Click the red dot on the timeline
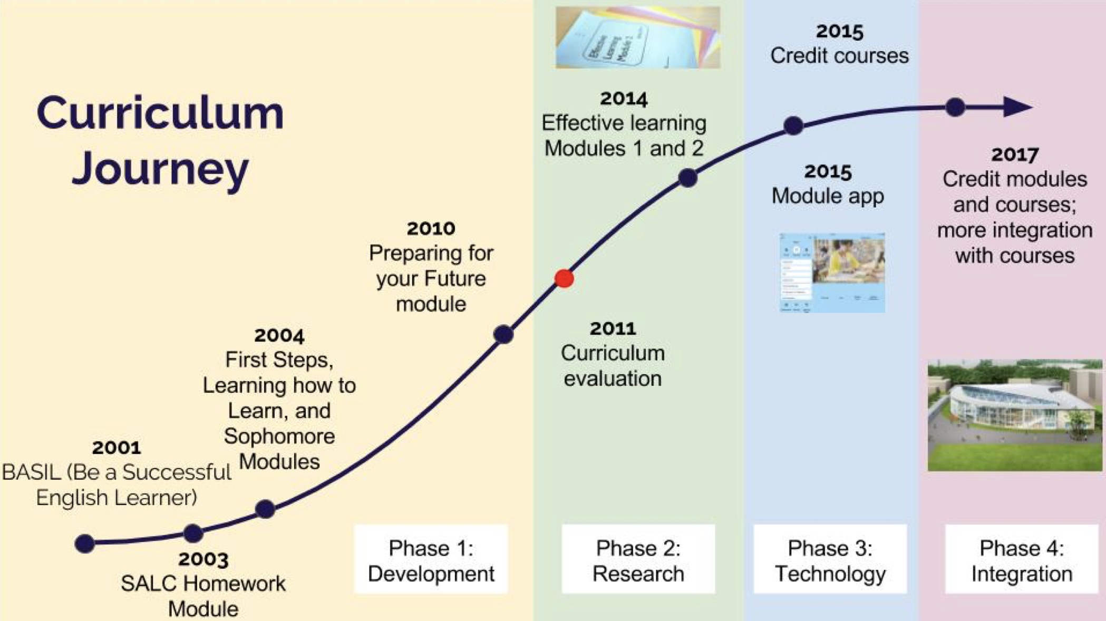click(x=564, y=278)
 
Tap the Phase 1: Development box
click(x=431, y=560)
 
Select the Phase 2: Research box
click(x=638, y=560)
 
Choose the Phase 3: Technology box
click(x=830, y=560)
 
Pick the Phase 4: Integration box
click(x=1022, y=560)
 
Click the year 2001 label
click(x=117, y=448)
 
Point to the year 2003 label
click(x=203, y=559)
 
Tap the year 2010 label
click(x=431, y=229)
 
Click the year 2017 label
click(x=1015, y=154)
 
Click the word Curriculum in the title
click(x=160, y=113)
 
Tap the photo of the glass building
click(x=1014, y=415)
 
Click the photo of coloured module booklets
click(x=638, y=37)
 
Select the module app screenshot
click(x=832, y=273)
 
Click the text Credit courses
click(x=839, y=56)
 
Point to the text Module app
click(x=828, y=196)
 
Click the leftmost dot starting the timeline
click(x=84, y=543)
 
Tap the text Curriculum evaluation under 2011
click(x=613, y=366)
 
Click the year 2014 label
click(x=624, y=99)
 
